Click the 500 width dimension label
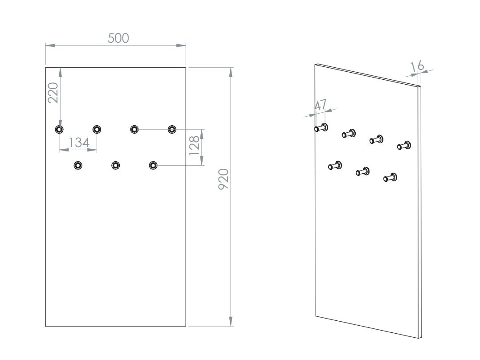pyautogui.click(x=118, y=38)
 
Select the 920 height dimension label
pyautogui.click(x=224, y=179)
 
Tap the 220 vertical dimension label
pyautogui.click(x=53, y=93)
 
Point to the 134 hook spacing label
pyautogui.click(x=79, y=143)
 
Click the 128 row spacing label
pyautogui.click(x=195, y=146)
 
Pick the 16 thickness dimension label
pyautogui.click(x=417, y=66)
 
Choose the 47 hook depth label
pyautogui.click(x=321, y=105)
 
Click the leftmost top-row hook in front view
pyautogui.click(x=59, y=129)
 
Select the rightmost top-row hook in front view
pyautogui.click(x=172, y=129)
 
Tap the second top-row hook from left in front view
pyautogui.click(x=97, y=129)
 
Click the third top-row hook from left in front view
pyautogui.click(x=134, y=129)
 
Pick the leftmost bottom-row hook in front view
pyautogui.click(x=78, y=165)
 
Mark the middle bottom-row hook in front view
pyautogui.click(x=115, y=165)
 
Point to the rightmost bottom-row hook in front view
pyautogui.click(x=153, y=165)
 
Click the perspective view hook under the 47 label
pyautogui.click(x=321, y=128)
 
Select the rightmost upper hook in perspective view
pyautogui.click(x=404, y=146)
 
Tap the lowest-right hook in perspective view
pyautogui.click(x=391, y=177)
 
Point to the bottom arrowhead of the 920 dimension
pyautogui.click(x=231, y=321)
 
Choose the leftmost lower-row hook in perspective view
pyautogui.click(x=335, y=165)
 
